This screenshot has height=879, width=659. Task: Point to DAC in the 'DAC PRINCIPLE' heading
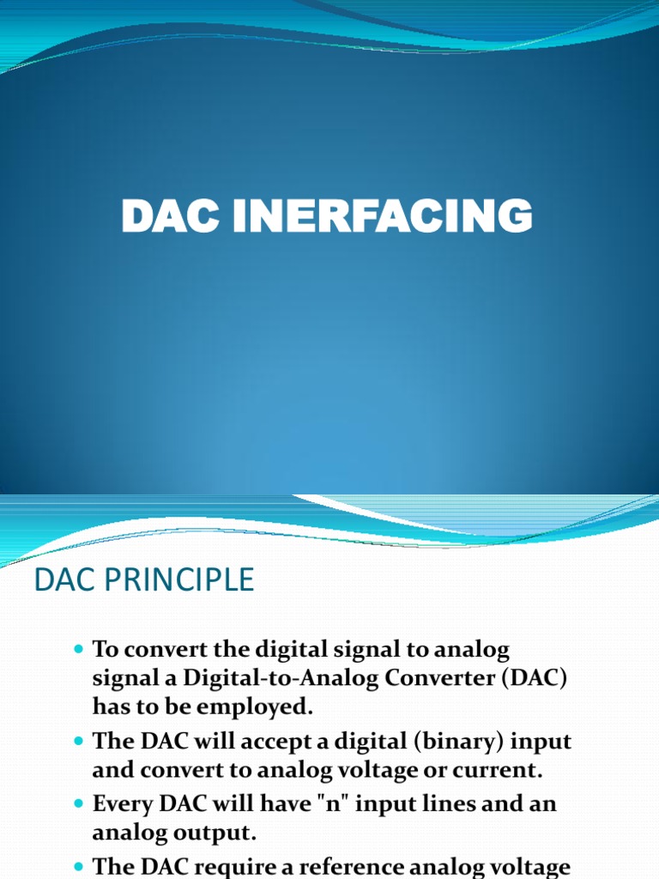click(x=57, y=580)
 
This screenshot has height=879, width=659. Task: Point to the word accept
click(x=268, y=742)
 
